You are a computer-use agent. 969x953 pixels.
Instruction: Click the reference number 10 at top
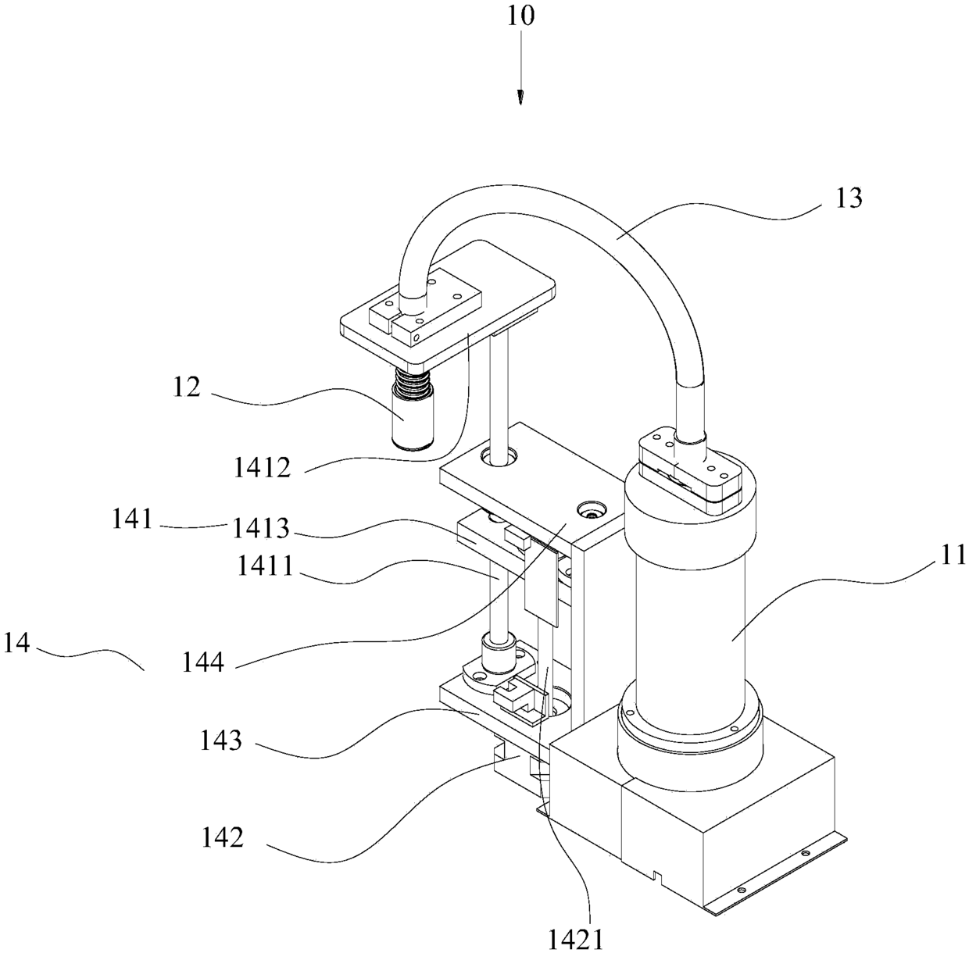(520, 16)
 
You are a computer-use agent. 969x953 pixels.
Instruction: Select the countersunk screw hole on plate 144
(590, 512)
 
